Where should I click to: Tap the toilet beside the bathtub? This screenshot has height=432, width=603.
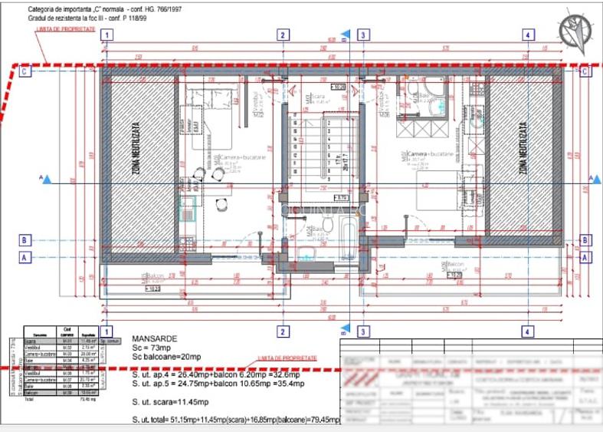pos(326,225)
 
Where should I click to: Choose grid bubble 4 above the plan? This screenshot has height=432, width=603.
pos(527,35)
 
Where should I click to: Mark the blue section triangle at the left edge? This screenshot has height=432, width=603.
pos(47,180)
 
